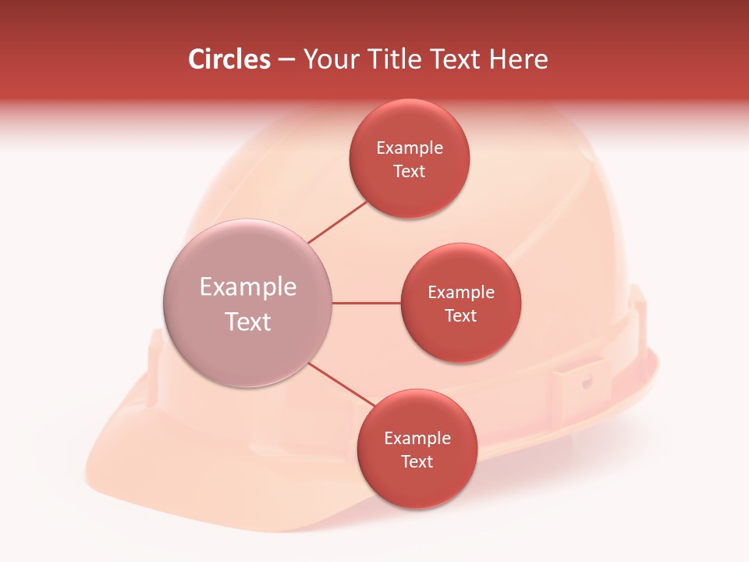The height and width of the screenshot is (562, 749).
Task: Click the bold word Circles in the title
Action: pyautogui.click(x=229, y=59)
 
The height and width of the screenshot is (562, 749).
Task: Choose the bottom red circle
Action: pyautogui.click(x=417, y=484)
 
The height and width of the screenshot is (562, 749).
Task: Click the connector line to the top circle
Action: pyautogui.click(x=339, y=222)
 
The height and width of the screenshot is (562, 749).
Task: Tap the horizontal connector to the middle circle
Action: pyautogui.click(x=366, y=303)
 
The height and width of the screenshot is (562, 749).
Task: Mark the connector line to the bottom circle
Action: pyautogui.click(x=341, y=384)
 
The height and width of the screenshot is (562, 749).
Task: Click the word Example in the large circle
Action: pyautogui.click(x=248, y=287)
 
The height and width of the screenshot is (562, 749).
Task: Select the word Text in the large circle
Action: pyautogui.click(x=248, y=322)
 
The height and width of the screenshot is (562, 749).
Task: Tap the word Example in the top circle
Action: pyautogui.click(x=410, y=148)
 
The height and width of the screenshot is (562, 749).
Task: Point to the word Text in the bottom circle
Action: pyautogui.click(x=417, y=462)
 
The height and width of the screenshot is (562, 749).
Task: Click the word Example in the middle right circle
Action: pyautogui.click(x=461, y=293)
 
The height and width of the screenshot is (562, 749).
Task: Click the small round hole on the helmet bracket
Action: pyautogui.click(x=587, y=382)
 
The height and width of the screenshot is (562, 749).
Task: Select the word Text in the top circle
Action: pyautogui.click(x=410, y=172)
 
